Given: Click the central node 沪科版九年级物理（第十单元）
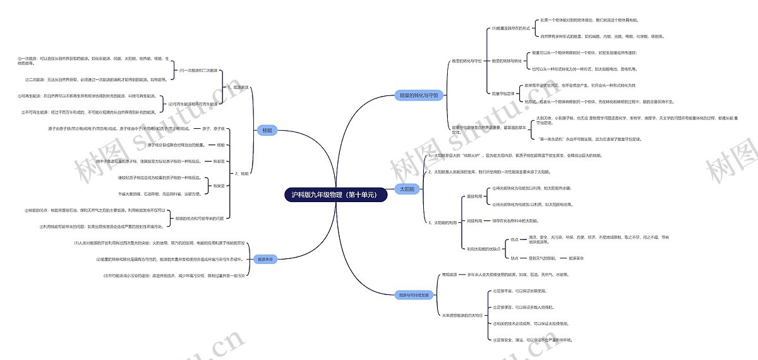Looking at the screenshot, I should point(335,195).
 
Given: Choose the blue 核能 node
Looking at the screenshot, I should point(267,131).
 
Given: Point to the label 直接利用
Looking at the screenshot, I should point(474,196).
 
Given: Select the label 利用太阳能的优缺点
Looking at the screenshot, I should point(484,249).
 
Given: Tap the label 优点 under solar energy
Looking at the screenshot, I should point(514,240).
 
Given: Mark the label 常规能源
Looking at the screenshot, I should point(449,275).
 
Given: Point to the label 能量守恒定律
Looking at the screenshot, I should point(503,93).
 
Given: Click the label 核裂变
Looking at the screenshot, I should point(219,161).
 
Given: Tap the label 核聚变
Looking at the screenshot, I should point(219,186).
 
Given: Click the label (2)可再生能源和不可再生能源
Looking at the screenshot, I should point(193,104).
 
